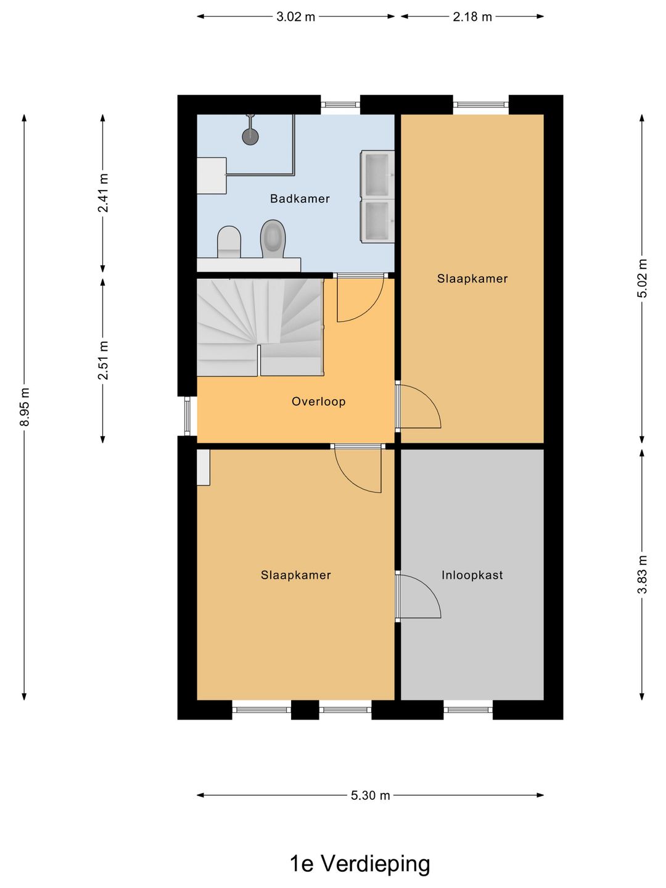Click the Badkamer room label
click(300, 199)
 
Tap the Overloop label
click(319, 401)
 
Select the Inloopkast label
click(472, 575)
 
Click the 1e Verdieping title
click(360, 863)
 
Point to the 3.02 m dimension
click(295, 17)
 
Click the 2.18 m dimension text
click(472, 17)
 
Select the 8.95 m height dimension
click(24, 407)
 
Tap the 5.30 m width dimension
click(370, 795)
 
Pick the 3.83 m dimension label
click(642, 575)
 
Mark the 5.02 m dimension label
click(642, 278)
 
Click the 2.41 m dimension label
click(103, 193)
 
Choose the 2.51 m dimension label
click(103, 361)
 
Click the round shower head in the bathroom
click(250, 136)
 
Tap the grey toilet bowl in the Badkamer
click(273, 239)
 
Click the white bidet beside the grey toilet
click(229, 242)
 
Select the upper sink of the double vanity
click(377, 174)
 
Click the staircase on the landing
click(260, 327)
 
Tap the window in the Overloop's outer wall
click(187, 416)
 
